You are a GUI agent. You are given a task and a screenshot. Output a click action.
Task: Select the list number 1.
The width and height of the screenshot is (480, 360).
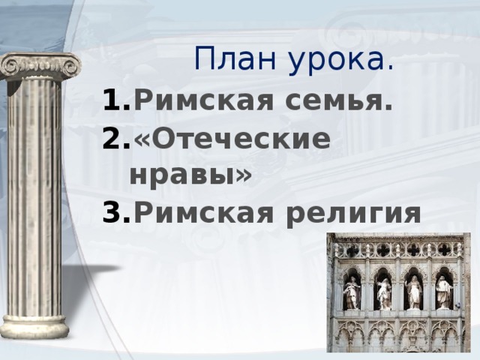click(117, 99)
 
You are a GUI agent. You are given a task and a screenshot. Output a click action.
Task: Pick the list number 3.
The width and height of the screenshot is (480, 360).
click(117, 214)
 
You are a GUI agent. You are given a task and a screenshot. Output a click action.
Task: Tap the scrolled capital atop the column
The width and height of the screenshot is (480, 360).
click(39, 67)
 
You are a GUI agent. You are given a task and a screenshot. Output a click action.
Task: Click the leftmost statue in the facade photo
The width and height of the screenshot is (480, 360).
click(351, 292)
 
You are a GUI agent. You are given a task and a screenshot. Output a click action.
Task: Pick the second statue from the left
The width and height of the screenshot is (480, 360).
click(384, 293)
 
